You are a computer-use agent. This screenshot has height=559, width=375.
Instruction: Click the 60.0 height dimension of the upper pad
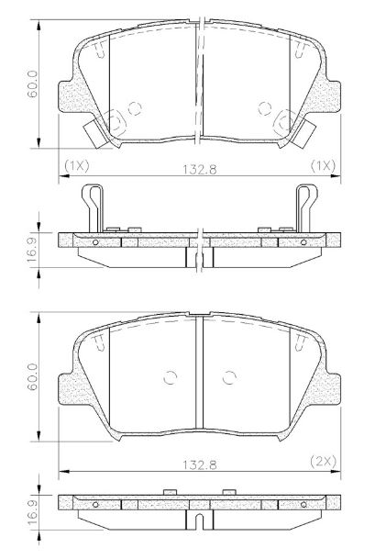click(33, 84)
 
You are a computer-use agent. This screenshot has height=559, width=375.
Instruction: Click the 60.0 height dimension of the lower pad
click(33, 377)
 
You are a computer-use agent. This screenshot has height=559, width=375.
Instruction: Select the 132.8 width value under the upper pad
click(200, 170)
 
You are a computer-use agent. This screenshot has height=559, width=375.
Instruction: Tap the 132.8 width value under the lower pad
click(200, 464)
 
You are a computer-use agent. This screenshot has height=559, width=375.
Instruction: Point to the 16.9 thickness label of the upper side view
click(33, 251)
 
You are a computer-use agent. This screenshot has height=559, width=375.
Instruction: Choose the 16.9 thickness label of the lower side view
click(33, 512)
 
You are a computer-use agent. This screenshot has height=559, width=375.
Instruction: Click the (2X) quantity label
click(323, 462)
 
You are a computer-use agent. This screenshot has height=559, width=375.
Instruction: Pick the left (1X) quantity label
click(77, 166)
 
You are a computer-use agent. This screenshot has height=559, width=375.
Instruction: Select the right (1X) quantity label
click(323, 166)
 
